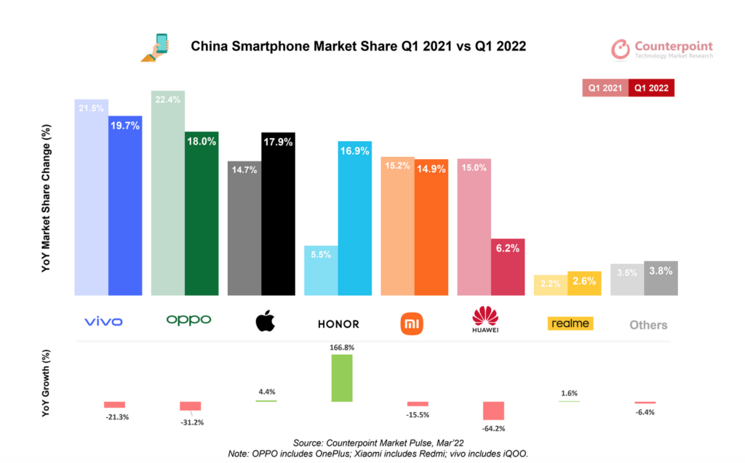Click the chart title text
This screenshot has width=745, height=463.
(357, 46)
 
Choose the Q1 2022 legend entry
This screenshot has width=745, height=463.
(651, 88)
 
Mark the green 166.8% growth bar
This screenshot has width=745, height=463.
(342, 378)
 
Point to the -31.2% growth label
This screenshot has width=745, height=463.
(191, 422)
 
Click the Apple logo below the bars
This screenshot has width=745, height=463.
(266, 320)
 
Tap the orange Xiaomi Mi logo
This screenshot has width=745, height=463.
(413, 322)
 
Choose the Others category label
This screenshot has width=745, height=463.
(648, 325)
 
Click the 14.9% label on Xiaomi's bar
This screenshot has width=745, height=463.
(431, 169)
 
